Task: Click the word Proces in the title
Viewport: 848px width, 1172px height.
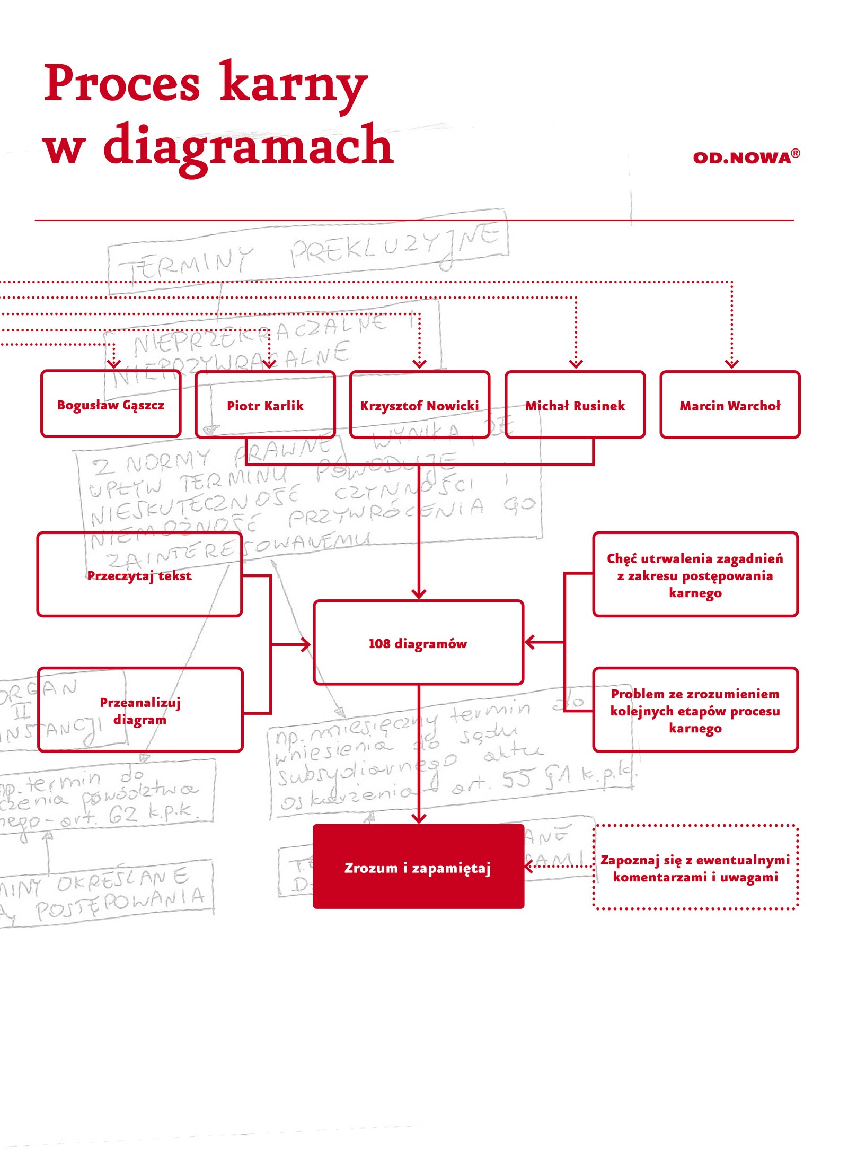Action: tap(122, 83)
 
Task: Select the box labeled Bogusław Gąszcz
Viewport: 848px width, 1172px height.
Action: tap(111, 405)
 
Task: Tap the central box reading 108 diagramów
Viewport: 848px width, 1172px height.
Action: tap(418, 643)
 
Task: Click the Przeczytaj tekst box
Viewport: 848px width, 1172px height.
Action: tap(139, 575)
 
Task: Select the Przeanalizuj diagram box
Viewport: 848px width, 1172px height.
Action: tap(140, 710)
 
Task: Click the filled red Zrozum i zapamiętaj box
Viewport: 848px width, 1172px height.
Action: tap(418, 867)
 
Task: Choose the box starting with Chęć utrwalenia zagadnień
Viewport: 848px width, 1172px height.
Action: tap(695, 575)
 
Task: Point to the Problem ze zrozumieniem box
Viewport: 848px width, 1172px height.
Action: tap(695, 710)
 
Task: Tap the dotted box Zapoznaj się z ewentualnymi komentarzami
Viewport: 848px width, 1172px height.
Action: tap(695, 868)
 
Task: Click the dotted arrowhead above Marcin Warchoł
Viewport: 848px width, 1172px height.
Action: tap(731, 364)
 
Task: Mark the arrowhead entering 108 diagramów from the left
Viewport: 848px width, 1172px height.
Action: tap(306, 645)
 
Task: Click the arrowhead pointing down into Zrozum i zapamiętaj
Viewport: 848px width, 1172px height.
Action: tap(419, 818)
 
